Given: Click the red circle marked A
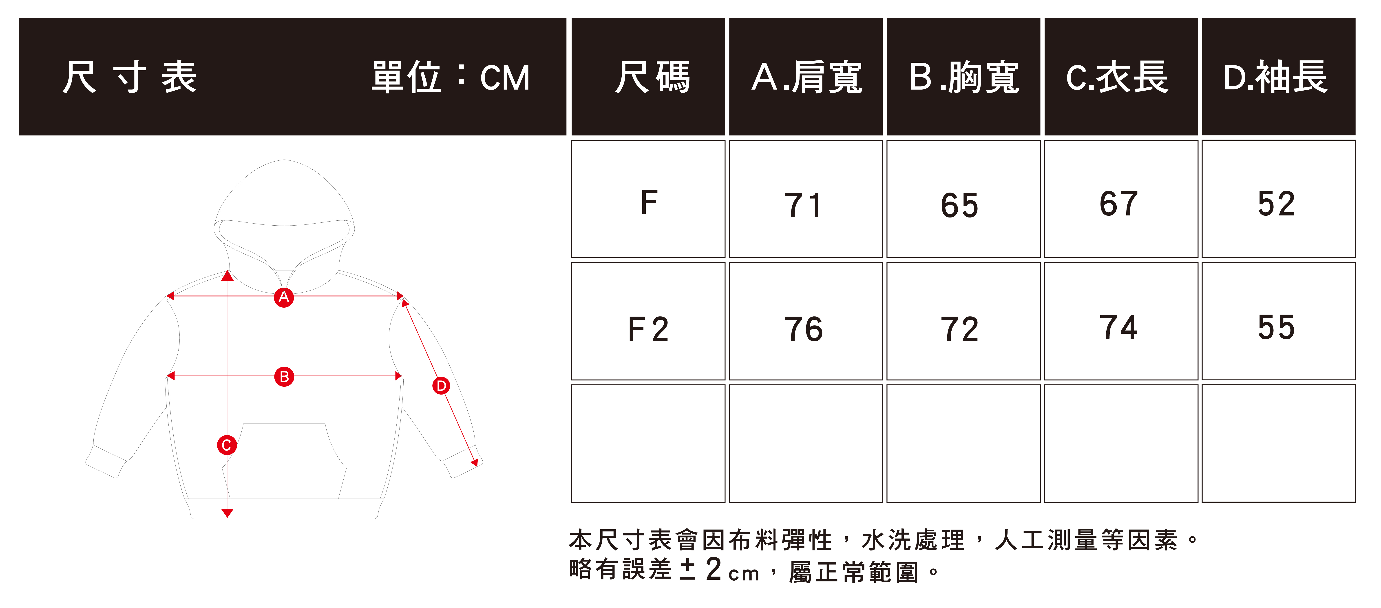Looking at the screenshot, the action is tap(284, 297).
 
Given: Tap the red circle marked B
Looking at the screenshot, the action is tap(284, 376).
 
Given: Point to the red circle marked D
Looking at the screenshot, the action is tap(441, 386).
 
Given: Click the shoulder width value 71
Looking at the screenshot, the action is tap(803, 205).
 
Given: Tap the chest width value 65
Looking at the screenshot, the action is tap(960, 205).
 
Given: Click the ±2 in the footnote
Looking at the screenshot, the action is tap(700, 569).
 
